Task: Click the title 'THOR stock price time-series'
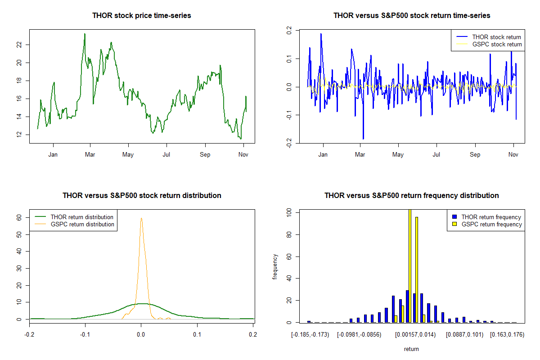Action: point(141,15)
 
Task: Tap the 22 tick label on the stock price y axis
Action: point(19,45)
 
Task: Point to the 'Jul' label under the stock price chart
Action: point(166,154)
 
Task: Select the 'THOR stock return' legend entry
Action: point(489,37)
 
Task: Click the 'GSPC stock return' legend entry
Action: point(489,45)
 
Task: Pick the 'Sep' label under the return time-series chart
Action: point(475,154)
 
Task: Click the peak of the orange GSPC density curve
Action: point(141,218)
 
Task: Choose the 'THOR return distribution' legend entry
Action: point(74,217)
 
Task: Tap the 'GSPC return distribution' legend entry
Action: point(74,224)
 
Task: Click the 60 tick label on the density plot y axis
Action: point(19,217)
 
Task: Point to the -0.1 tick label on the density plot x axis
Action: point(85,334)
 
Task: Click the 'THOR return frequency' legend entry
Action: point(487,217)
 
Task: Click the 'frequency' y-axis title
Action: point(275,266)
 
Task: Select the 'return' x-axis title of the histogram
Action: point(411,349)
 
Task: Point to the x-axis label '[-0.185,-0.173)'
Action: point(310,335)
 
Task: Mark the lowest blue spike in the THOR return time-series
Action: point(363,139)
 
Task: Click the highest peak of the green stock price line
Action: point(85,34)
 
